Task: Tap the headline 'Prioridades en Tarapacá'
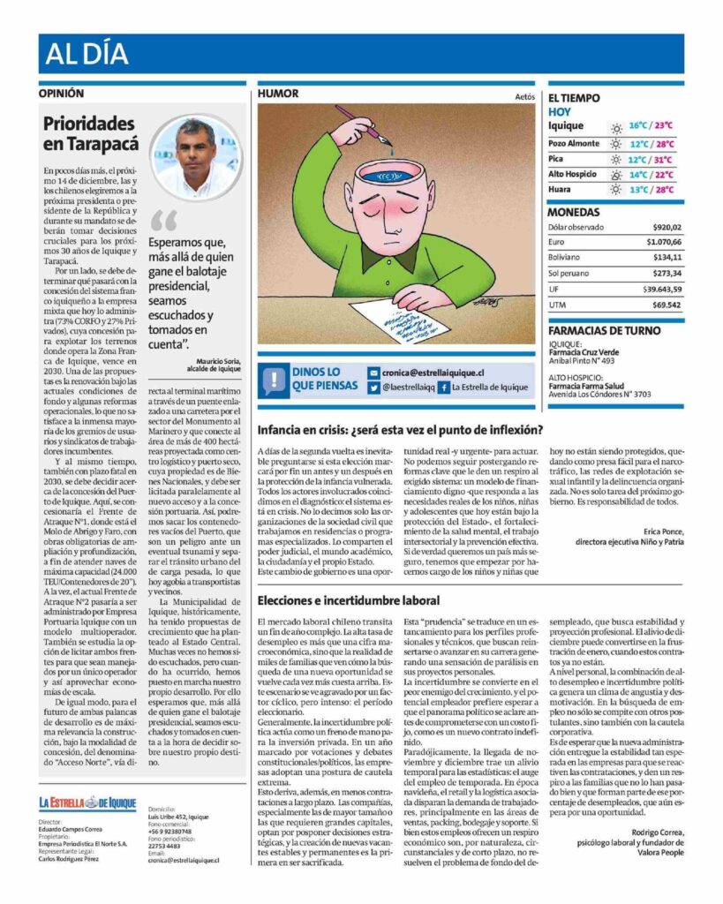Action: tap(91, 133)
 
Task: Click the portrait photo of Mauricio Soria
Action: tap(195, 155)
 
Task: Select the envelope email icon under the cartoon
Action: tap(374, 373)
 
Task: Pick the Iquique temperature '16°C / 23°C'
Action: tap(651, 126)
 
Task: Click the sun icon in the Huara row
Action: tap(615, 190)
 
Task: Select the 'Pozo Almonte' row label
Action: tap(573, 143)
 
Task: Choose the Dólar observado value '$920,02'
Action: tap(661, 227)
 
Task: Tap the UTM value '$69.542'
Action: tap(667, 305)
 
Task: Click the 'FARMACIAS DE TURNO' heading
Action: tap(604, 331)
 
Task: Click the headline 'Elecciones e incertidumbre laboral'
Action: tap(348, 600)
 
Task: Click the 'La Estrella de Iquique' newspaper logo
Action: tap(87, 802)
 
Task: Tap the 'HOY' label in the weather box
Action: tap(559, 112)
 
